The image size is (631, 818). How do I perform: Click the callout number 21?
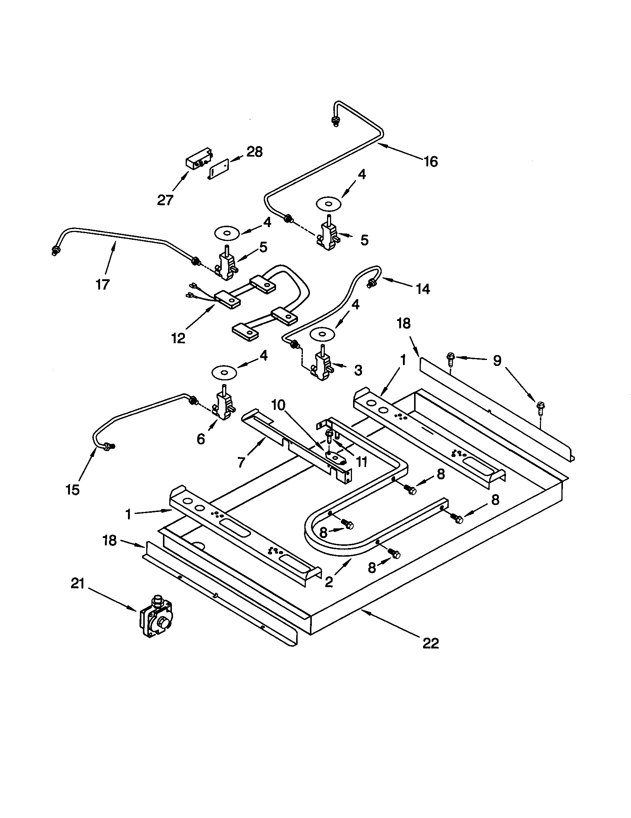tap(77, 583)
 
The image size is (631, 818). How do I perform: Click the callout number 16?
tap(430, 162)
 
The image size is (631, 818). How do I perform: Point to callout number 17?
tap(102, 285)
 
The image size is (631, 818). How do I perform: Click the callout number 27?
tap(165, 200)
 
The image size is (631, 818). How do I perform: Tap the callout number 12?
tap(178, 338)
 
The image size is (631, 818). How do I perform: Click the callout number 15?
tap(72, 490)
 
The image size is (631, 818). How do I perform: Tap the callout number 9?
tap(496, 361)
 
